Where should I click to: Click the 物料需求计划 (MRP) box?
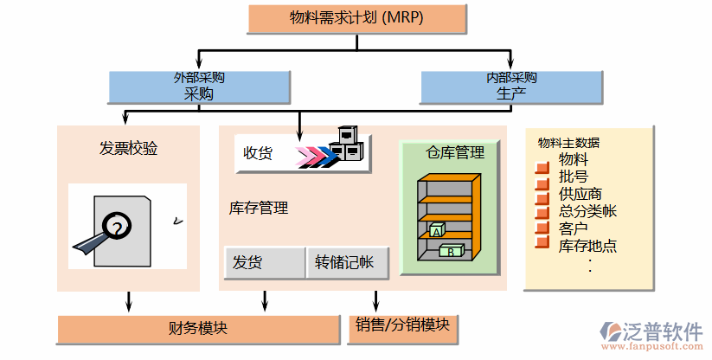tap(356, 16)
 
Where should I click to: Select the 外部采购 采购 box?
tap(199, 87)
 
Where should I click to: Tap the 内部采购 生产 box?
tap(511, 87)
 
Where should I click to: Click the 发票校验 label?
tap(129, 148)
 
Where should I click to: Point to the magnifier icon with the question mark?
tap(113, 227)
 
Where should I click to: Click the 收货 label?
tap(258, 153)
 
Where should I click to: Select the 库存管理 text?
tap(259, 208)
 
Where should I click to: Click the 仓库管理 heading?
tap(455, 153)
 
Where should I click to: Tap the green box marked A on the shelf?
tap(437, 230)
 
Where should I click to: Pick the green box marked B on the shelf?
tap(452, 251)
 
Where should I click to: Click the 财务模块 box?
tap(198, 330)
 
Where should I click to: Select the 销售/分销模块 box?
tap(402, 325)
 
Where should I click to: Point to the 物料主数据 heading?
tap(568, 143)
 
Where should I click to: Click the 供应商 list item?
tap(581, 193)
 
